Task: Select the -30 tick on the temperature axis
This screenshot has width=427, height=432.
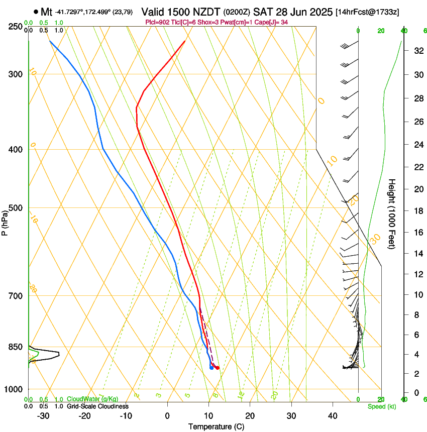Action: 43,416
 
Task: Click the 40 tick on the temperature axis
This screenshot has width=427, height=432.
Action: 332,416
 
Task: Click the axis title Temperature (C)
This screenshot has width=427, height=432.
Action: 216,427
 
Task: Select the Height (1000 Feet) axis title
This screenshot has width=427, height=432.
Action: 392,214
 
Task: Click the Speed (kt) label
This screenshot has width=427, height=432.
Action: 381,406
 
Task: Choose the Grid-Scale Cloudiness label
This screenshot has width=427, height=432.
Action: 97,406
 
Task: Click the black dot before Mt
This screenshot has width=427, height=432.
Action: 36,12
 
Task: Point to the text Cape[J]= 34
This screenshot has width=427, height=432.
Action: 274,22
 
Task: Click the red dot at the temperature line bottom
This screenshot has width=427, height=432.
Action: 217,368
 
